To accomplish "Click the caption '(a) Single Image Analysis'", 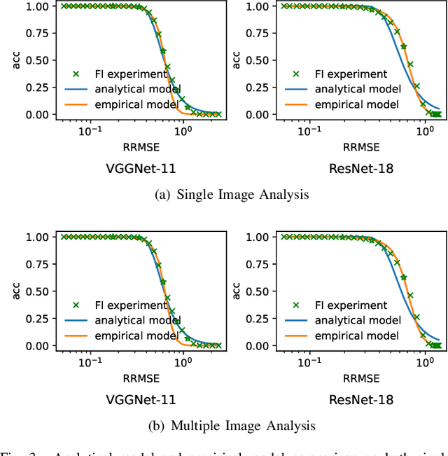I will click(x=231, y=195).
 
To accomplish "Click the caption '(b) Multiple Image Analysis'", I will click(x=231, y=425).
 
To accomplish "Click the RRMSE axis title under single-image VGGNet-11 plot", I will click(x=139, y=147).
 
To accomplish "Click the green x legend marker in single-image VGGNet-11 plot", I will click(x=78, y=74).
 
